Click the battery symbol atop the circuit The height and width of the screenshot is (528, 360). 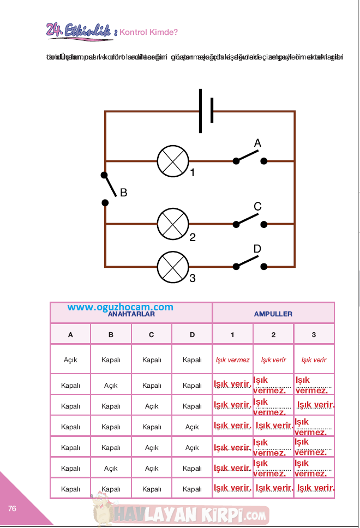click(x=206, y=111)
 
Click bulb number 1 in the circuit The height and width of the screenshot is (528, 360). click(x=173, y=161)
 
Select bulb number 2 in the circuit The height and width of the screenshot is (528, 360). click(x=173, y=224)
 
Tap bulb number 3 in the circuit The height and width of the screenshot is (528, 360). click(x=173, y=267)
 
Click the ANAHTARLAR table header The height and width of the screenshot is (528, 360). click(x=131, y=314)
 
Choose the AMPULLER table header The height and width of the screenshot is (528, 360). click(x=273, y=314)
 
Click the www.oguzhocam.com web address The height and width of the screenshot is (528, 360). click(x=121, y=307)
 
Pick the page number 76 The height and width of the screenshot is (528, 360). click(x=13, y=508)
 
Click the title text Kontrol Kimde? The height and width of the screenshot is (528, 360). click(x=148, y=32)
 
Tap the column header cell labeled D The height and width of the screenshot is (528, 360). click(x=192, y=335)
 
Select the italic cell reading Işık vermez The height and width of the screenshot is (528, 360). click(x=232, y=360)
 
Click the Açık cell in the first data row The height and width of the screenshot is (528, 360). click(x=70, y=360)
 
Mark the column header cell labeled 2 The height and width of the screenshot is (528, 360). click(x=273, y=335)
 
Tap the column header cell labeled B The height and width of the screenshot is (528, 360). click(x=111, y=335)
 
